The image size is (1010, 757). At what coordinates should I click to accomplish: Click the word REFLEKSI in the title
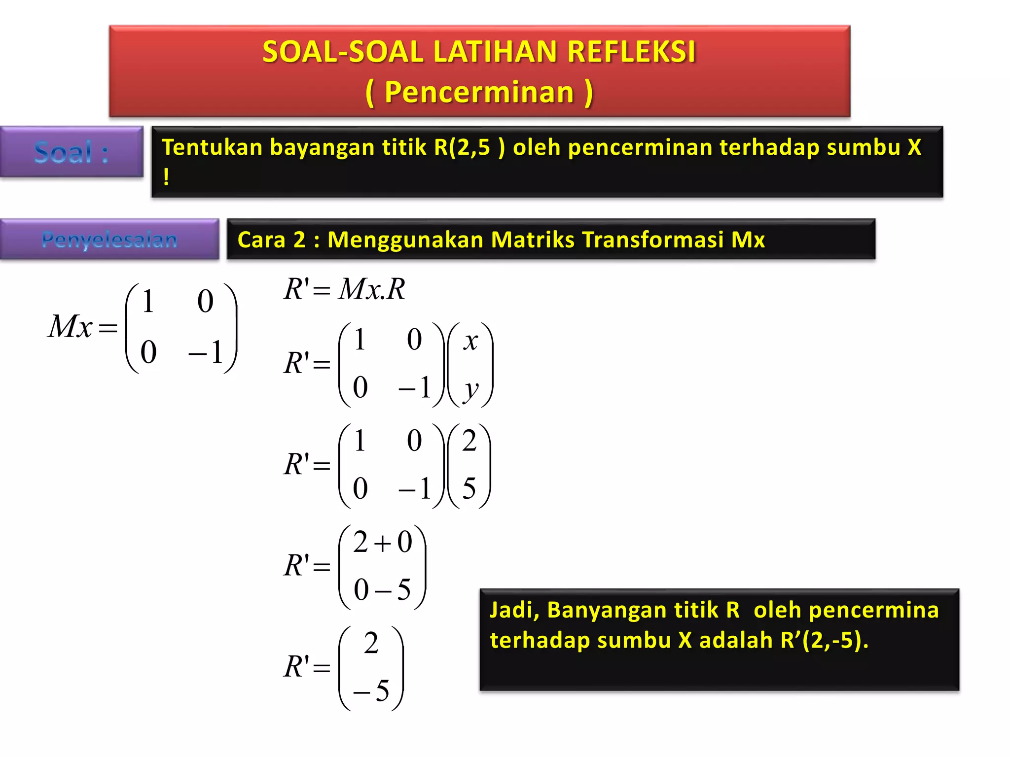(x=631, y=52)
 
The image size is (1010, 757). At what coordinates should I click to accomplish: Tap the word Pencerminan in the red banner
(x=479, y=92)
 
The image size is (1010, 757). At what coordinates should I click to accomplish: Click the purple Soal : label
(x=72, y=152)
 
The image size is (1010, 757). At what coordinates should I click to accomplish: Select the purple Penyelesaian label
(x=109, y=240)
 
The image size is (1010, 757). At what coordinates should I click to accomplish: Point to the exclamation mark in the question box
(x=166, y=177)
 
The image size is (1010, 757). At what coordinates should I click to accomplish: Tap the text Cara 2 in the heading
(x=272, y=240)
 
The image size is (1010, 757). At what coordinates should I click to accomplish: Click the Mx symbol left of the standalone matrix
(x=70, y=326)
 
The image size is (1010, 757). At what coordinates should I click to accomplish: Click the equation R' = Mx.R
(x=344, y=289)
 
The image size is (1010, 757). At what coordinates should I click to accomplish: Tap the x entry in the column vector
(x=470, y=341)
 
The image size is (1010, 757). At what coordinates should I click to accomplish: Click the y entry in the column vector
(x=470, y=389)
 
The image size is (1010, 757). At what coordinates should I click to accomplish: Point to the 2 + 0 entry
(x=382, y=542)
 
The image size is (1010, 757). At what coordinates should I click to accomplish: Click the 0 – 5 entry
(x=382, y=589)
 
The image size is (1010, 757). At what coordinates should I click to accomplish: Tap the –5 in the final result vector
(x=371, y=690)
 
